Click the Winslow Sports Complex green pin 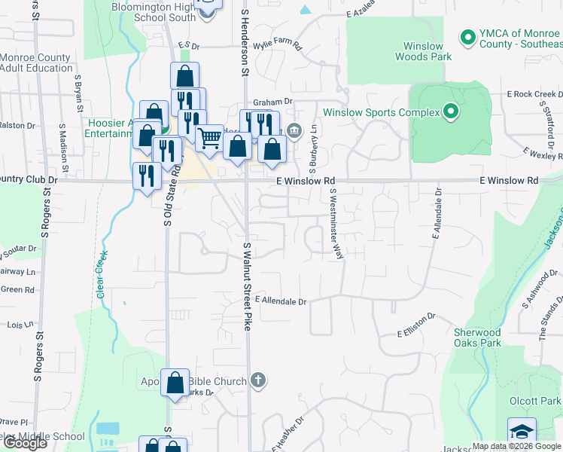[x=451, y=113]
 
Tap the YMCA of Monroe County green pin [x=467, y=36]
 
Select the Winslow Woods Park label [x=422, y=51]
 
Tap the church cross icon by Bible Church [x=258, y=380]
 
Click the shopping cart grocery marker [x=209, y=138]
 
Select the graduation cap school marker [x=522, y=431]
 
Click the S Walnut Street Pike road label [x=246, y=286]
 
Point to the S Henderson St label [x=245, y=41]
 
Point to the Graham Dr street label [x=272, y=102]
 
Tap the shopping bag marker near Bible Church [x=175, y=383]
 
